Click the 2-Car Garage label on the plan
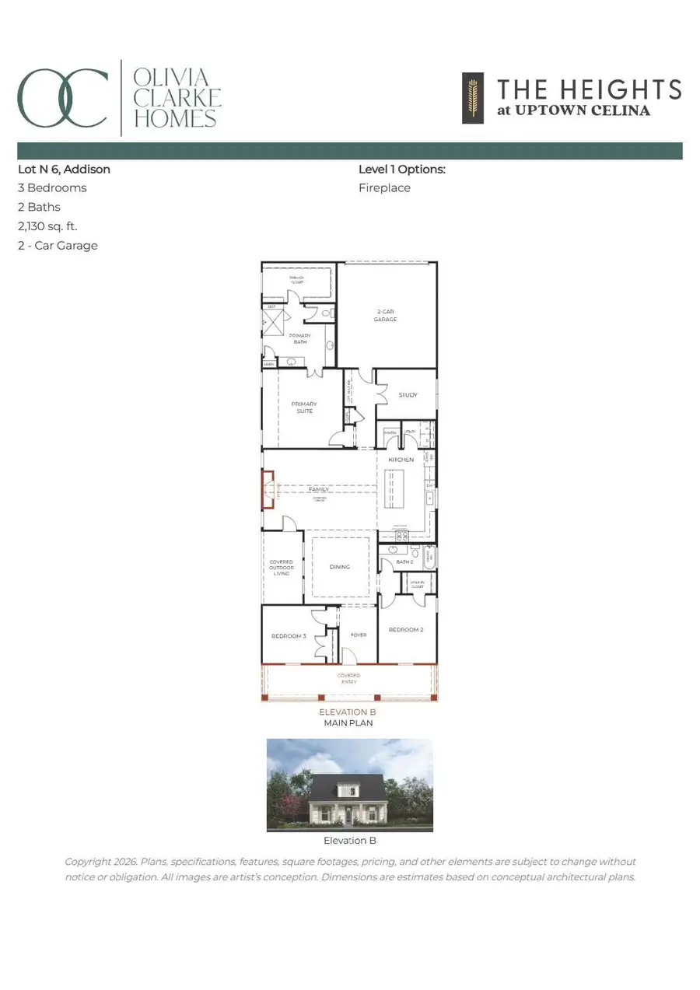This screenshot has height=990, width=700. coord(386,315)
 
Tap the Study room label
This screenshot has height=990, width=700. coord(408,395)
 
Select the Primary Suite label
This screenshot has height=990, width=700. coord(304,408)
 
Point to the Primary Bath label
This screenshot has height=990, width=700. coord(300,339)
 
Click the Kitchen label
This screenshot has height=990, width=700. coord(402,460)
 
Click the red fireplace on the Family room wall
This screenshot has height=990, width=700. coord(268,490)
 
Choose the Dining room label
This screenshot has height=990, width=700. coord(340,567)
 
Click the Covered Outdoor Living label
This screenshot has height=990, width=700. coord(282,568)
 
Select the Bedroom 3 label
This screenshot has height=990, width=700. coord(289,636)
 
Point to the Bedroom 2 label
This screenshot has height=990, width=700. coord(405,630)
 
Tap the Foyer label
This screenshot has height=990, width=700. coord(359,635)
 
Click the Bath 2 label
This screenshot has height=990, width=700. coord(404,561)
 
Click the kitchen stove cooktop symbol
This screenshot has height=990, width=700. coord(402,536)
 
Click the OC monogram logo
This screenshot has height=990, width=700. coord(62,98)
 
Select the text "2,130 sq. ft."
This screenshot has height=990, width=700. coord(47,226)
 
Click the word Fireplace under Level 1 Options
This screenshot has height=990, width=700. coord(384,188)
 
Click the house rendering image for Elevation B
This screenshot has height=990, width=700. coord(350,784)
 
